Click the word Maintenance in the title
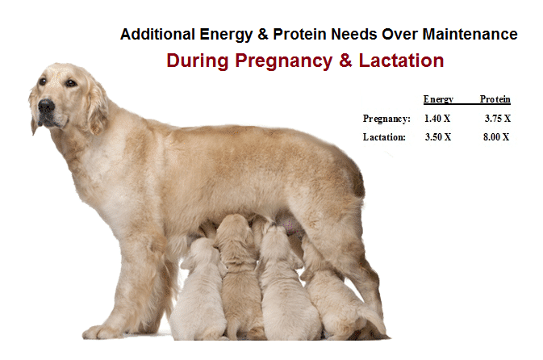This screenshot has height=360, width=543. click(470, 34)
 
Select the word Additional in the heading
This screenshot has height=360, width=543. click(157, 34)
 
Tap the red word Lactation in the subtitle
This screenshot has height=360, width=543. click(401, 61)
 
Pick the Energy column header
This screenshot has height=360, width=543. click(438, 99)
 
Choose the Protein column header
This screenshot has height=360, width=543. click(495, 99)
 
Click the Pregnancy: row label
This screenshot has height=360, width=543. click(386, 119)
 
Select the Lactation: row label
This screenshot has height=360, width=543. click(384, 137)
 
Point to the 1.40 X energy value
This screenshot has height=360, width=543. click(437, 119)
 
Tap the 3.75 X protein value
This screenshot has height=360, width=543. click(498, 119)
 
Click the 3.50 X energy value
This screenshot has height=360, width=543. click(438, 137)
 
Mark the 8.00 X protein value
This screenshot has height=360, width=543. click(496, 137)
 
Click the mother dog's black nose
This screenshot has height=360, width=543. click(46, 105)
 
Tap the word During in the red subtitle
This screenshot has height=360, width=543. click(198, 61)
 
